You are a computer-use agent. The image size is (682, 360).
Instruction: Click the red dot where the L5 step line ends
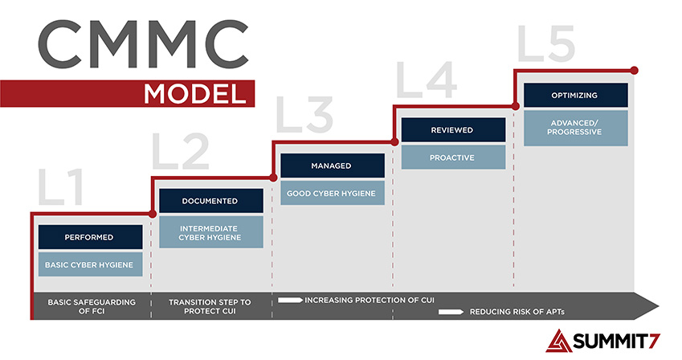[x=634, y=70]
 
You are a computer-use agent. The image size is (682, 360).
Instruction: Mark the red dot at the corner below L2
[x=153, y=214]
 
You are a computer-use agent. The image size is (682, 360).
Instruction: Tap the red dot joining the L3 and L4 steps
[x=394, y=142]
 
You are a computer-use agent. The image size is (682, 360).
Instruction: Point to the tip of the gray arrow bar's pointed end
[x=660, y=306]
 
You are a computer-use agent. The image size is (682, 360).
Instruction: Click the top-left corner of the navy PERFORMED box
[x=39, y=225]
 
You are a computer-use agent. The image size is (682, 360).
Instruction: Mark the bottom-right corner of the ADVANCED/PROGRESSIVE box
[x=628, y=145]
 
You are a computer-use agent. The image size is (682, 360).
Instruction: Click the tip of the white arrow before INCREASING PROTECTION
[x=303, y=300]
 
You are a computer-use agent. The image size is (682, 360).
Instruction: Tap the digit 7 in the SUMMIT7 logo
[x=655, y=341]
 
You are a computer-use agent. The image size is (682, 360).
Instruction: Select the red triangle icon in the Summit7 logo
[x=559, y=341]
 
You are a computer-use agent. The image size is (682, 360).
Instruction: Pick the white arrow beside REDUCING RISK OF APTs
[x=451, y=312]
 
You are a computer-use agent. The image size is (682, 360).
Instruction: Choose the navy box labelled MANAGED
[x=333, y=166]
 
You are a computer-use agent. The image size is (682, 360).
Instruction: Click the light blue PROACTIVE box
[x=453, y=157]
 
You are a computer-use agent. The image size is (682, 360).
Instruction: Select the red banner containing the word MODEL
[x=127, y=93]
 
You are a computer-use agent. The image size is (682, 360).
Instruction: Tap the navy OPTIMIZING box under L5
[x=576, y=95]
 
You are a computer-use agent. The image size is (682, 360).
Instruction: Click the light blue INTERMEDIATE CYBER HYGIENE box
[x=211, y=232]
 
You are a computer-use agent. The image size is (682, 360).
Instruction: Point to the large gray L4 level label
[x=427, y=80]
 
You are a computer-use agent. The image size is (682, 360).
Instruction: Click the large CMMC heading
[x=144, y=44]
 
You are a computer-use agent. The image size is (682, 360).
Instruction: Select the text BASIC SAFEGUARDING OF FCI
[x=92, y=306]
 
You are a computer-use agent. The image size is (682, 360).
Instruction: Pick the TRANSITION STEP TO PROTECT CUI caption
[x=210, y=306]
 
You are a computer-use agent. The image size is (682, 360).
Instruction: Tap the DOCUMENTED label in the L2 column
[x=210, y=201]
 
